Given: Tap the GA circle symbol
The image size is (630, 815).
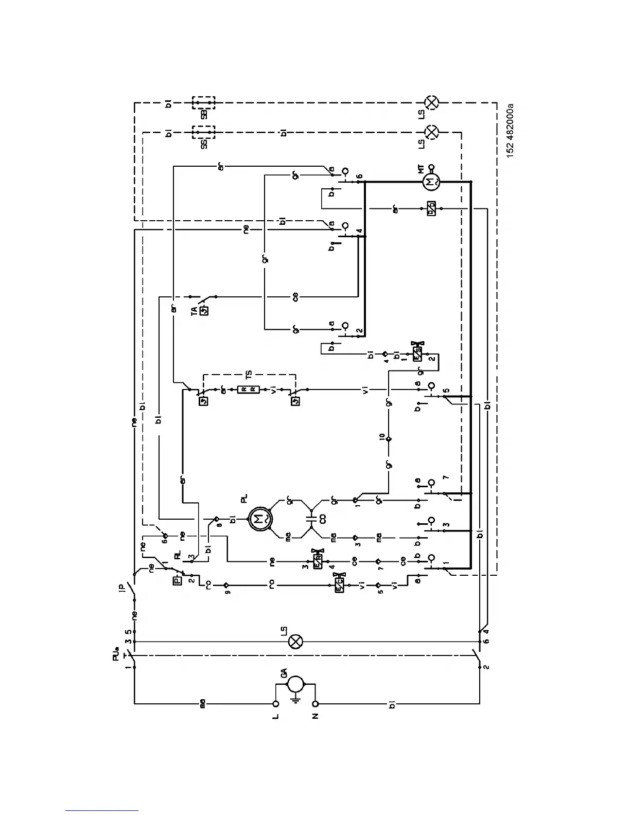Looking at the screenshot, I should (x=295, y=684).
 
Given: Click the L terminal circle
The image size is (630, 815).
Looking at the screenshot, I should (x=276, y=703).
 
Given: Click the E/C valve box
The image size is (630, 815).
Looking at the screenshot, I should (x=340, y=585).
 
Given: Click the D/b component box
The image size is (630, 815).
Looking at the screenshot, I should (x=431, y=208).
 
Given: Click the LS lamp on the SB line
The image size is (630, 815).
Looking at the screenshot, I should (x=432, y=102).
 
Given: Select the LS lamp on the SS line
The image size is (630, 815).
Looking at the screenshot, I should (x=432, y=132).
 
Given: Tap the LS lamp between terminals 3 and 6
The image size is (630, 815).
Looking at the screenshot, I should (x=296, y=641).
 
